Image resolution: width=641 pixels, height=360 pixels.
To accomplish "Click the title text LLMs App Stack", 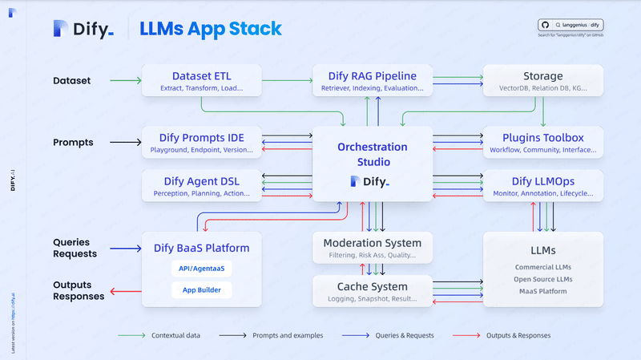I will pos(210,29).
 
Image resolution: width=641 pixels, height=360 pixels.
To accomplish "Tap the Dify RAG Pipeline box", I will pos(369,80).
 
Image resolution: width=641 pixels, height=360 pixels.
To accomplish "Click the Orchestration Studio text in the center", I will pos(372,154).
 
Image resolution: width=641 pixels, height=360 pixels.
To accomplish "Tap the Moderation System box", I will pos(372,248).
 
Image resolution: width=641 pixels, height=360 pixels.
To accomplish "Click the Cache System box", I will pos(372,291).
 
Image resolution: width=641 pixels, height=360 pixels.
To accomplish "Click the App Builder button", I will pos(202,290).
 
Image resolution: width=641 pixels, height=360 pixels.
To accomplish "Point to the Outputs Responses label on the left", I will pos(78,290).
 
